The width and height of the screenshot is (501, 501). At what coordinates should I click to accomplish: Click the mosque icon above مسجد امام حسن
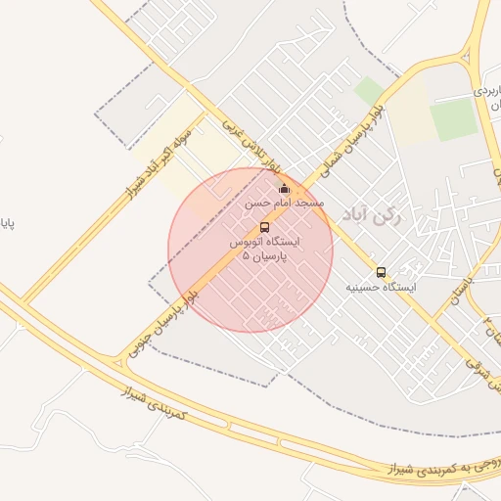285,189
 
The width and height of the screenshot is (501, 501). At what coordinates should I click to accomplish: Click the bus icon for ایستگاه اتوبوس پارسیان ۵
265,228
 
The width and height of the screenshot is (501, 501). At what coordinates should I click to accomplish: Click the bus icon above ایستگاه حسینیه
381,272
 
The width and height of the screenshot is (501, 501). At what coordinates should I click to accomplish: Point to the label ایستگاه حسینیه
382,288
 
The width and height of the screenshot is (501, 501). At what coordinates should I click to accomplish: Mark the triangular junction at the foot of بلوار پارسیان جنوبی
119,363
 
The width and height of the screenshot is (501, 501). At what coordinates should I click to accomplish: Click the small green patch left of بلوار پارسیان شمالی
369,92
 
